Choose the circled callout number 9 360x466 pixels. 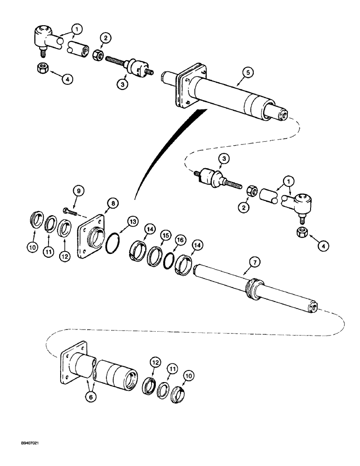pyautogui.click(x=79, y=191)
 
